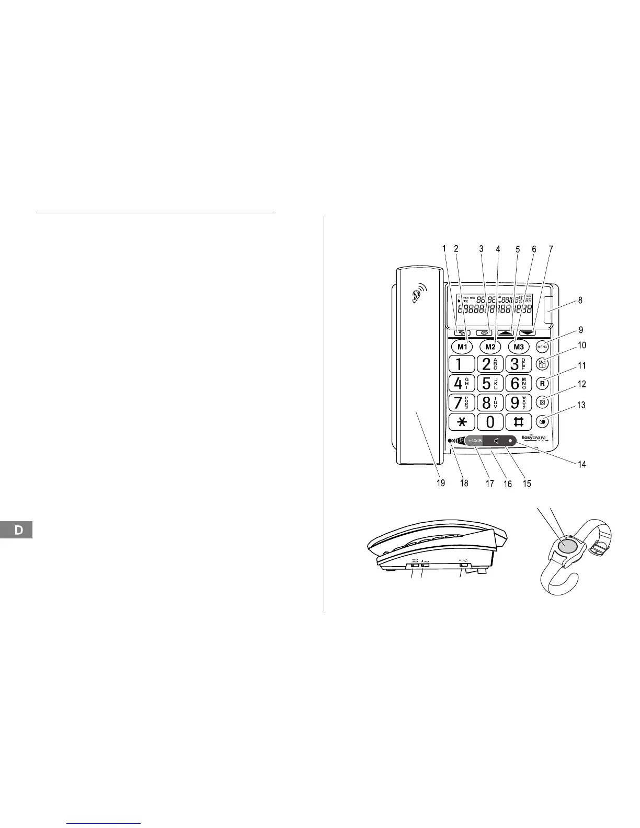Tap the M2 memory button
[490, 346]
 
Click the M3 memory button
[519, 346]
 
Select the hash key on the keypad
[519, 422]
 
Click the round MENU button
[542, 347]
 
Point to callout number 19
[441, 483]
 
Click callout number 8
[580, 301]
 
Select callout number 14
[582, 464]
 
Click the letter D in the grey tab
[19, 530]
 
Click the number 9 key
[519, 402]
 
